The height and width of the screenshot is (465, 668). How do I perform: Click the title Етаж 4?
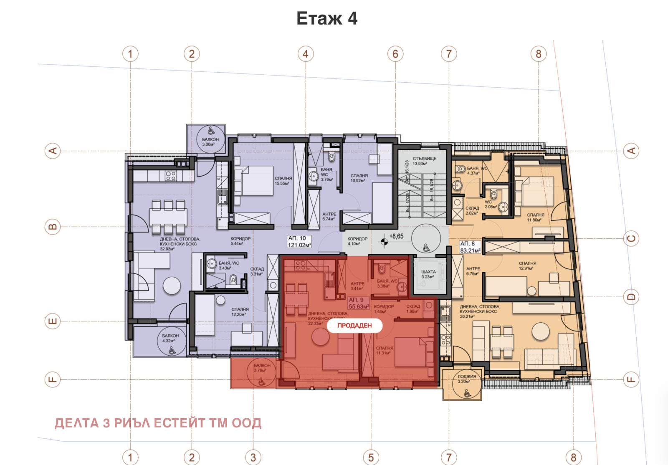[327, 19]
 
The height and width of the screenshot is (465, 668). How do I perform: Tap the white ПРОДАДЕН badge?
[354, 326]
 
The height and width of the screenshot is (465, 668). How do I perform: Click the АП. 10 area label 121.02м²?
[299, 242]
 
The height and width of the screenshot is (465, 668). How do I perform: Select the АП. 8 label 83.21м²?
[470, 247]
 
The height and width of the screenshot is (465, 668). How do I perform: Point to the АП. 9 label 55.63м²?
[359, 303]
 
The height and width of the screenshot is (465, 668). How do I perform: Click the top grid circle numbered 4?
[306, 54]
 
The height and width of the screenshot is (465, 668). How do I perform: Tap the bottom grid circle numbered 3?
[253, 457]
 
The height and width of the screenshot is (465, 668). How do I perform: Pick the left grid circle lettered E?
[53, 321]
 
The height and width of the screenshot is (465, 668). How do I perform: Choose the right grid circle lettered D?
[631, 297]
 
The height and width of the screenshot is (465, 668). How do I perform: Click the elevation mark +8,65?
[396, 236]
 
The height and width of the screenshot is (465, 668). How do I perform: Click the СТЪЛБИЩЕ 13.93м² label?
[424, 161]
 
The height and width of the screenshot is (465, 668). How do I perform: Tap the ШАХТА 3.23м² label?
[428, 274]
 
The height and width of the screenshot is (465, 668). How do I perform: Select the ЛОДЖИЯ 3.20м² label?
[466, 379]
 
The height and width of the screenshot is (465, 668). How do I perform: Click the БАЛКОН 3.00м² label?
[210, 142]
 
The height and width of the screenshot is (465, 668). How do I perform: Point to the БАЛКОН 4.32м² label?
[170, 338]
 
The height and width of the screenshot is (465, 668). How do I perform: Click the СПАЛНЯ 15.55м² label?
[283, 181]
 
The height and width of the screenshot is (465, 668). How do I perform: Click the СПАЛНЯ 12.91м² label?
[527, 266]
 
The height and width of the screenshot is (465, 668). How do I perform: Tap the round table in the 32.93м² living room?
[172, 286]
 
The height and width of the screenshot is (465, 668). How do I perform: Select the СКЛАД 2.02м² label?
[472, 210]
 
